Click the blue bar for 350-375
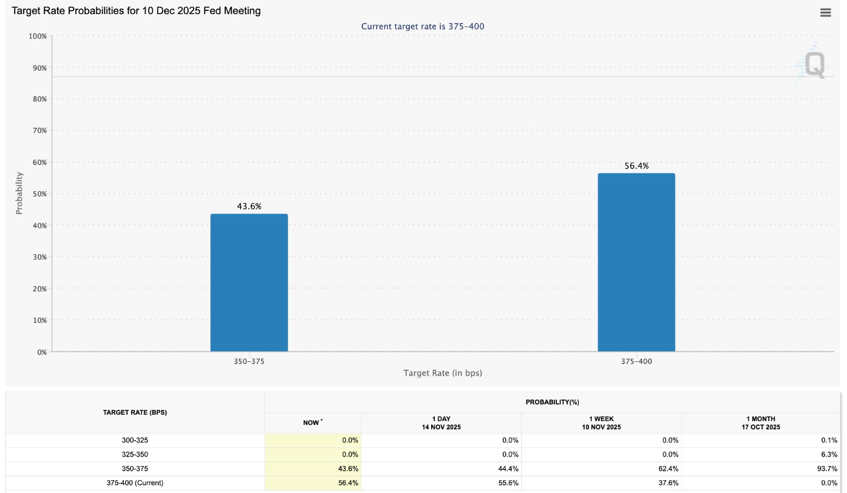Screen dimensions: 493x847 click(249, 282)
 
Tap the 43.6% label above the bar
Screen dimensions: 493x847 click(249, 206)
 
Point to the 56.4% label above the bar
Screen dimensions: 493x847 click(636, 166)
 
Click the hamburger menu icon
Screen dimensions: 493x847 click(825, 13)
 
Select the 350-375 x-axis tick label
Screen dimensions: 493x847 click(249, 361)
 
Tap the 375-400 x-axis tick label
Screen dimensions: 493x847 click(636, 361)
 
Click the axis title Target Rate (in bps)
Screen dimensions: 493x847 click(442, 373)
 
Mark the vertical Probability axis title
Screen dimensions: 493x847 click(19, 193)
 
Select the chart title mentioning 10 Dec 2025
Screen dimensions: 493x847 click(137, 11)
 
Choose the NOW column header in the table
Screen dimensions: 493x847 click(312, 423)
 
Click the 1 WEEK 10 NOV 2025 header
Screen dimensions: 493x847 click(601, 423)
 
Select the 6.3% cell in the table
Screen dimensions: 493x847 click(828, 454)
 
